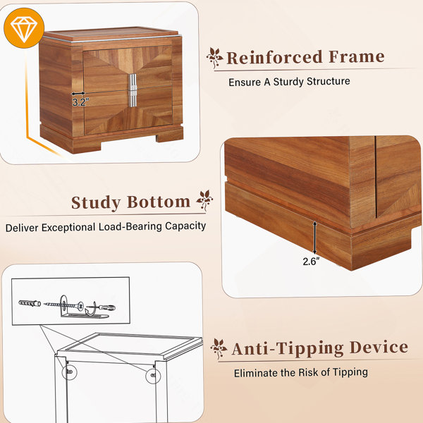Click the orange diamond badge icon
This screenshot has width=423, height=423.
(24, 28)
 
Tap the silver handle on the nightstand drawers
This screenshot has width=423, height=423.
(133, 90)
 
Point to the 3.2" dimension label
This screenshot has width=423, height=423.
(80, 102)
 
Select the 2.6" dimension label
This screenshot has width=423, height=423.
(311, 261)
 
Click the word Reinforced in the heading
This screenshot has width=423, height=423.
(274, 57)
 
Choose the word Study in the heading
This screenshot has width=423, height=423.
(96, 203)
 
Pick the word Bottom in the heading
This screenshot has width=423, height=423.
(159, 202)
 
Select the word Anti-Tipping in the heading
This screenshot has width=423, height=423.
(288, 348)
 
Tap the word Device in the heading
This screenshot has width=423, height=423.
(379, 347)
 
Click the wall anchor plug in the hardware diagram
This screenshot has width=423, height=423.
(30, 303)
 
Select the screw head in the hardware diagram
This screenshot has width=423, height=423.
(80, 306)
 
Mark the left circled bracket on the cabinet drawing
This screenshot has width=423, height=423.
(69, 372)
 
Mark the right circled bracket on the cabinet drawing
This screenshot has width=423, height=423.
(153, 376)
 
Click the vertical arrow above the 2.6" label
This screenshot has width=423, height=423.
(314, 238)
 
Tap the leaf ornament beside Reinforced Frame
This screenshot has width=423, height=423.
(215, 58)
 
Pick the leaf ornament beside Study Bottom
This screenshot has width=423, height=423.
(204, 200)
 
